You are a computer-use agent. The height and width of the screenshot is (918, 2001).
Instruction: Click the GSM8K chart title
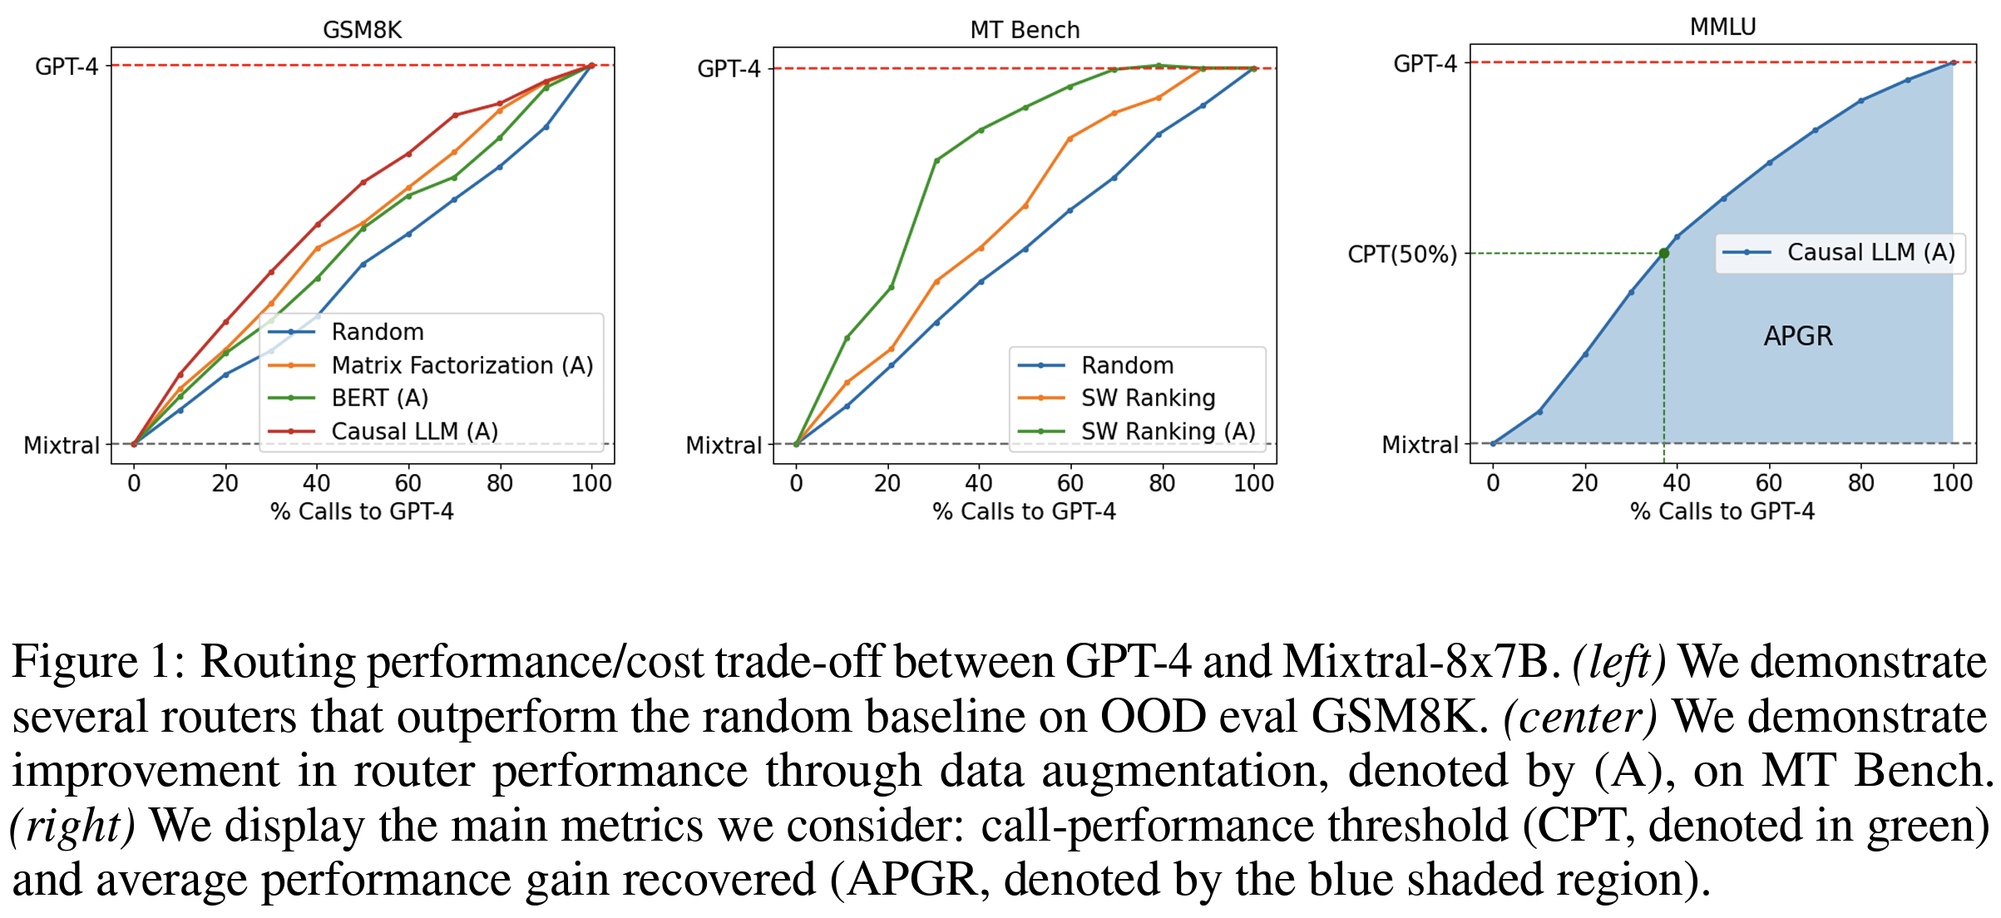coord(362,30)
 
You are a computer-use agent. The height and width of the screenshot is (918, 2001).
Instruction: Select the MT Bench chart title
coord(1025,30)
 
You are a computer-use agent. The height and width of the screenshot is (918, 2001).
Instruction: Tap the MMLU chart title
coord(1722,27)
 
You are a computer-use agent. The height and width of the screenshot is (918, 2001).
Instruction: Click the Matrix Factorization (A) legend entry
coord(462,365)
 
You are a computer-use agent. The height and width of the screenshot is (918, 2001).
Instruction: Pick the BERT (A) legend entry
coord(379,398)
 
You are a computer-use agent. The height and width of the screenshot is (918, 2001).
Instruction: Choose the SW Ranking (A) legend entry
coord(1168,431)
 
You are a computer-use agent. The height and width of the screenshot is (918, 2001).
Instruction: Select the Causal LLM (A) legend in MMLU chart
coord(1870,252)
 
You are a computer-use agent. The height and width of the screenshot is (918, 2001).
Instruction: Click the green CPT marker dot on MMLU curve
coord(1663,254)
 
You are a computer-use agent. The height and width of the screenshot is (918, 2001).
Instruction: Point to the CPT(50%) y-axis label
coord(1402,254)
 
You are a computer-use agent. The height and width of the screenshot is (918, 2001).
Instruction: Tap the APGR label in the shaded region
coord(1798,336)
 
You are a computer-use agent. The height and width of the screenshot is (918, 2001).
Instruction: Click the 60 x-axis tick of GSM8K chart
coord(408,483)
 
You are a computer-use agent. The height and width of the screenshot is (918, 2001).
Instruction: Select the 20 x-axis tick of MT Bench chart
coord(887,483)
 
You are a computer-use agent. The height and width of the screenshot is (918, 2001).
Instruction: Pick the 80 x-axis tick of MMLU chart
coord(1860,483)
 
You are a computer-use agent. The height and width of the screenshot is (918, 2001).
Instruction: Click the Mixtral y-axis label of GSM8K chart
coord(62,446)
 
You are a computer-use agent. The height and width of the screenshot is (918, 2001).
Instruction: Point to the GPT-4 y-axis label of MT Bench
coord(729,68)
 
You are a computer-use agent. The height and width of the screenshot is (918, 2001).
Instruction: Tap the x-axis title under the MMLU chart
coord(1722,511)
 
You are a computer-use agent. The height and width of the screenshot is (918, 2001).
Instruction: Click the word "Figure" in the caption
coord(75,663)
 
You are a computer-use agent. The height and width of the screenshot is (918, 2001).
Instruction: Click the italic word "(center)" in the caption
coord(1579,718)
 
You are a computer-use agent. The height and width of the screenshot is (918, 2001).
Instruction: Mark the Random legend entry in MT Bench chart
coord(1127,365)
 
